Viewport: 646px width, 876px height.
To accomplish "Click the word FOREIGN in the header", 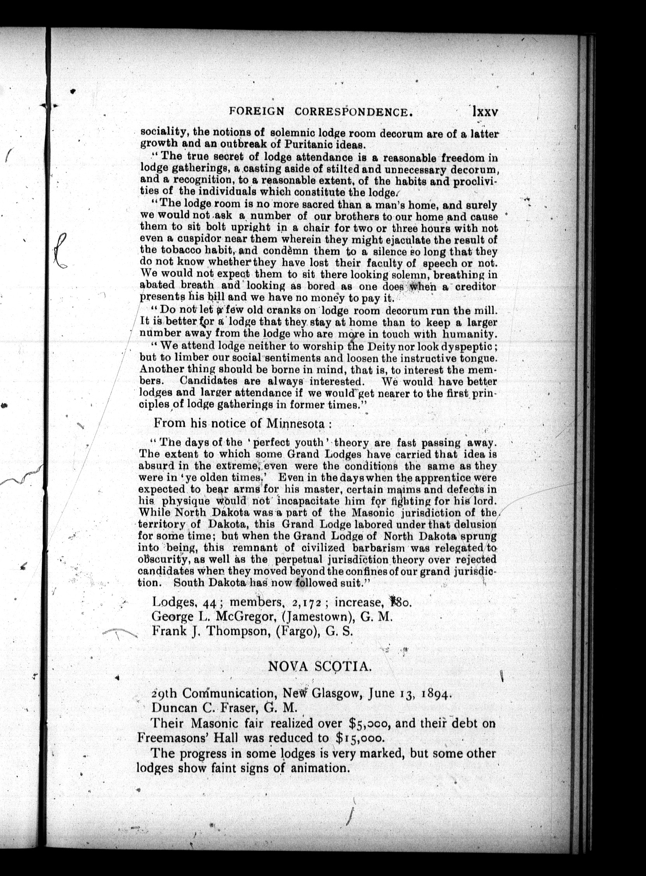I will [x=257, y=112].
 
